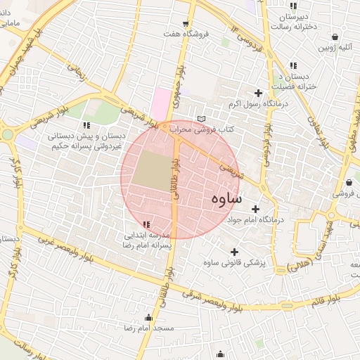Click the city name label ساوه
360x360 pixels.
[x=226, y=199]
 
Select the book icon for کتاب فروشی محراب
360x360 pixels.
[x=202, y=119]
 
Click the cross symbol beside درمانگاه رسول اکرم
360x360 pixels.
[x=258, y=93]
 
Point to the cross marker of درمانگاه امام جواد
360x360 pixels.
[x=255, y=209]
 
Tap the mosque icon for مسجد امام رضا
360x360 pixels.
[x=148, y=317]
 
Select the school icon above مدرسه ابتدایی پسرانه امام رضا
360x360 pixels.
[x=146, y=224]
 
